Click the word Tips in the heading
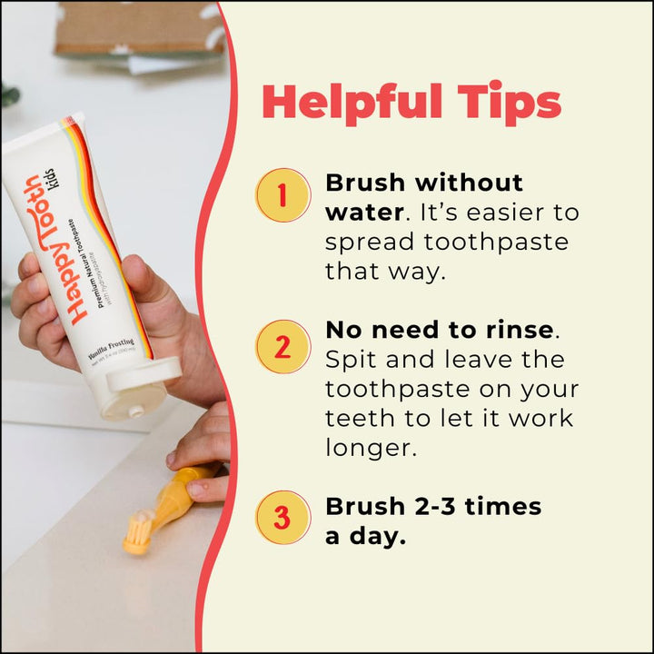coord(514,104)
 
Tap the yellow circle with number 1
coord(283,195)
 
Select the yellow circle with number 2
coord(283,347)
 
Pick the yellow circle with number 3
coord(283,519)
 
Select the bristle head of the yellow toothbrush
coord(138,532)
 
